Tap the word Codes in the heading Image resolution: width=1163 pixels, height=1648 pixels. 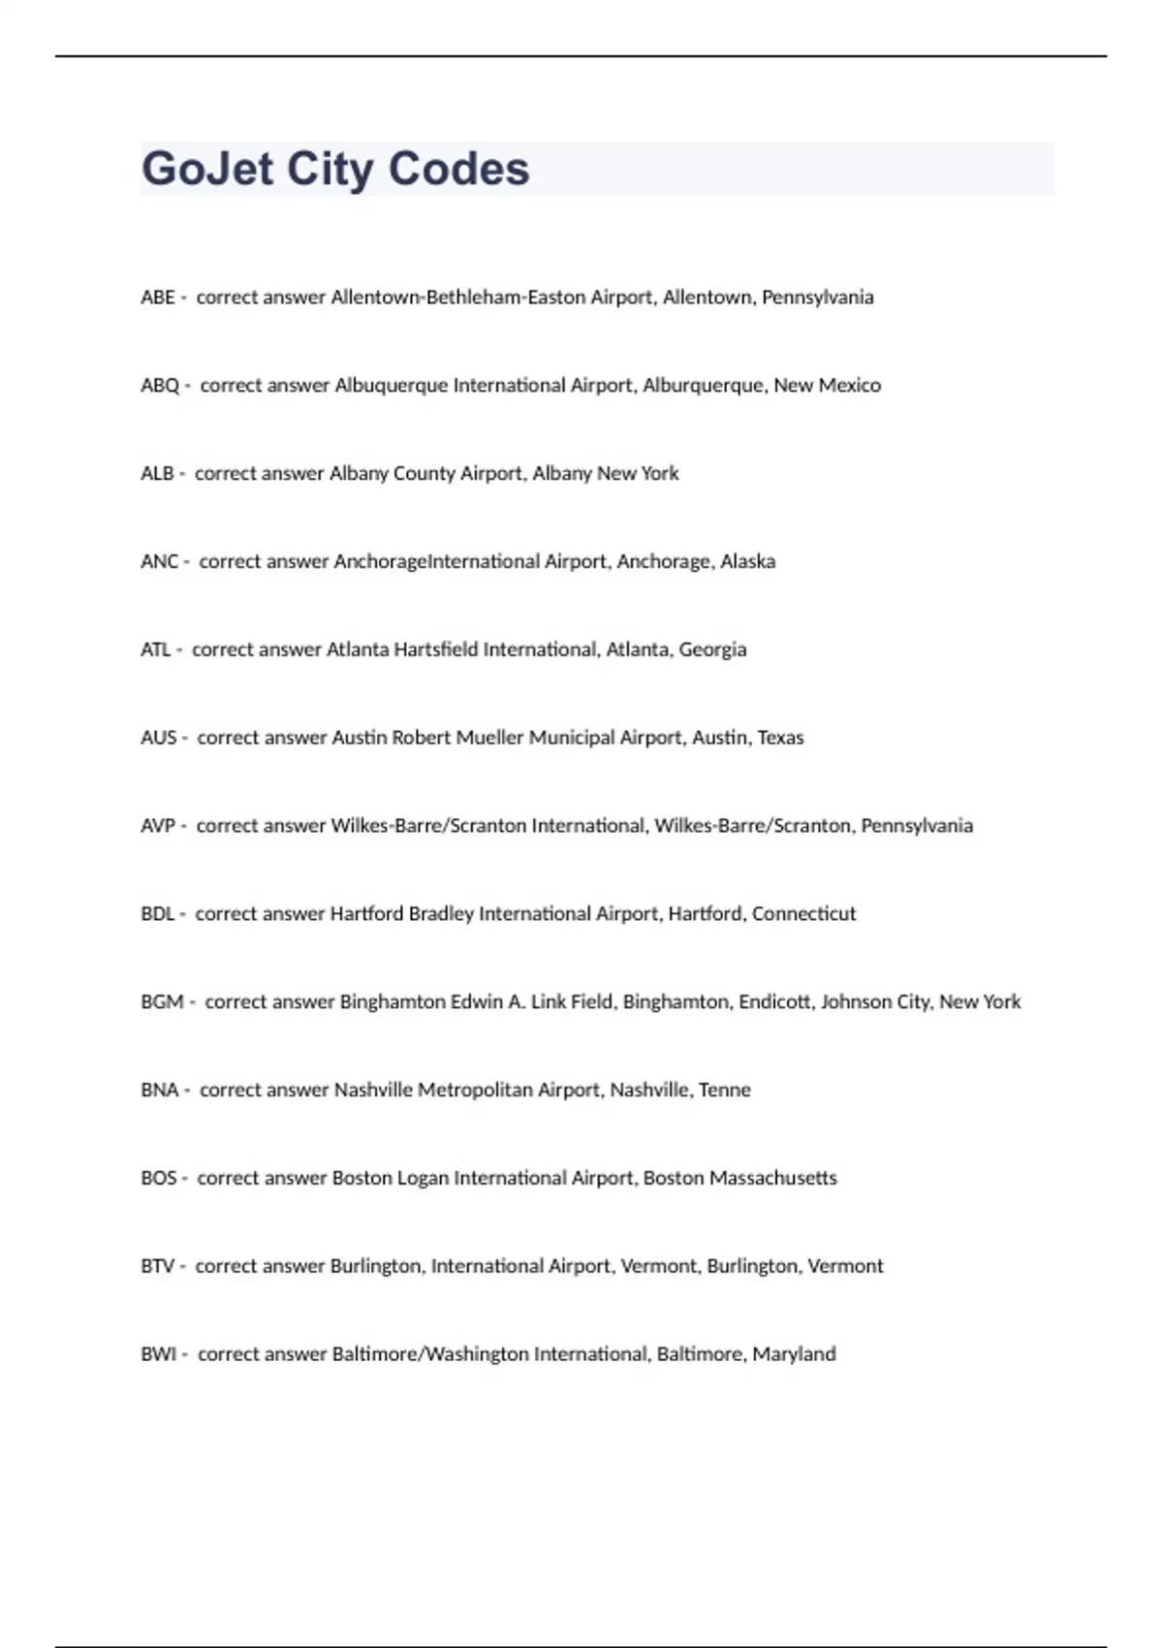(x=458, y=170)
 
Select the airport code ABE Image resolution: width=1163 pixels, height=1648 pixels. (x=157, y=298)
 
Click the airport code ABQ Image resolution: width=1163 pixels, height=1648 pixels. (x=160, y=386)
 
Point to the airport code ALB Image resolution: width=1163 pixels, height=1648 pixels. (x=157, y=474)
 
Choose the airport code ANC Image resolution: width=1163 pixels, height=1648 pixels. (x=159, y=562)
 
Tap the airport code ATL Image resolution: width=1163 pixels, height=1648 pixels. (x=155, y=650)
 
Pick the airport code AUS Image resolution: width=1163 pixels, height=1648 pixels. (x=158, y=738)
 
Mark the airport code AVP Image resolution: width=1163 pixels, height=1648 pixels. (x=158, y=826)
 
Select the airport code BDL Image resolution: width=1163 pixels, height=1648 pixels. (x=157, y=914)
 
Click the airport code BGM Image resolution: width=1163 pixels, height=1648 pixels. (x=162, y=1002)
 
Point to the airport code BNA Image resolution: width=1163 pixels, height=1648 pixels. (x=159, y=1091)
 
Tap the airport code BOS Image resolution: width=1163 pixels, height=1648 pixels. (x=158, y=1179)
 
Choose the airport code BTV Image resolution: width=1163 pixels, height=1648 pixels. (x=157, y=1267)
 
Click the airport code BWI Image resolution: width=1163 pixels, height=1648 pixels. (x=158, y=1354)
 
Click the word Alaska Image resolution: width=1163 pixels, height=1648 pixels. (x=747, y=562)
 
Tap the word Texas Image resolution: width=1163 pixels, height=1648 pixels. (x=780, y=738)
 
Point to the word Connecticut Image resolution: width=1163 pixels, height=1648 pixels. (x=803, y=914)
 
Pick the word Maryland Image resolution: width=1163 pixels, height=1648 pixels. (x=794, y=1354)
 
